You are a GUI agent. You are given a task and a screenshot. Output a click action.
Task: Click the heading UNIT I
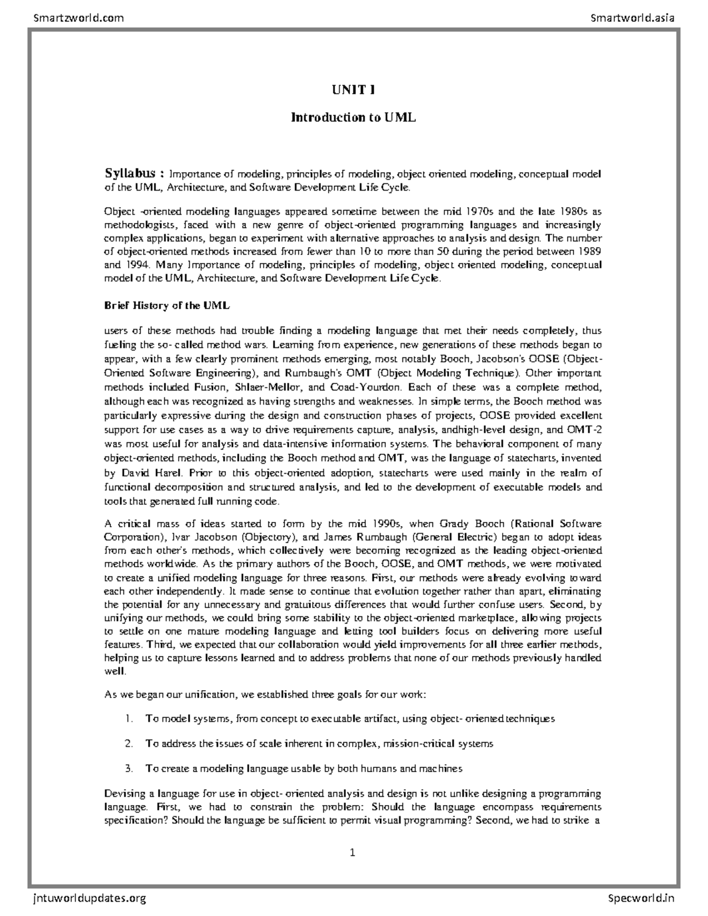pyautogui.click(x=353, y=90)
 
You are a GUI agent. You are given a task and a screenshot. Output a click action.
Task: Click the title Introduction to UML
pyautogui.click(x=353, y=117)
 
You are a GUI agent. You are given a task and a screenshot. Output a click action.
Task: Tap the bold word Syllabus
pyautogui.click(x=130, y=173)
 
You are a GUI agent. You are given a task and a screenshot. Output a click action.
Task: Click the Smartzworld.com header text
pyautogui.click(x=78, y=18)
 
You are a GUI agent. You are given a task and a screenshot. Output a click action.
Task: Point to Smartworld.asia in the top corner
pyautogui.click(x=632, y=18)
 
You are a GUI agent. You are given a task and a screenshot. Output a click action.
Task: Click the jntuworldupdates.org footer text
pyautogui.click(x=86, y=898)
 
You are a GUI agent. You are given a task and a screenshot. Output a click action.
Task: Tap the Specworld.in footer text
pyautogui.click(x=641, y=898)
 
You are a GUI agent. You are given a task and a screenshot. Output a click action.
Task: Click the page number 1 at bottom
pyautogui.click(x=352, y=852)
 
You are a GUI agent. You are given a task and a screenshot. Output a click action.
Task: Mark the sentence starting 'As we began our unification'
pyautogui.click(x=264, y=694)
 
